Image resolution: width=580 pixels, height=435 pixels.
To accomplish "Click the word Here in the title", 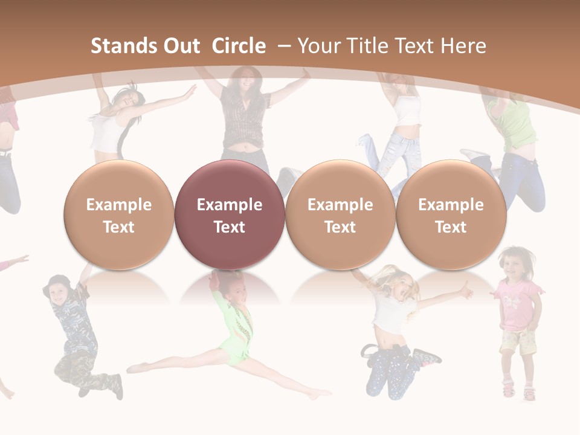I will [x=464, y=46].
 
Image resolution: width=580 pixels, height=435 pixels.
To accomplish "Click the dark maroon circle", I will [x=229, y=215].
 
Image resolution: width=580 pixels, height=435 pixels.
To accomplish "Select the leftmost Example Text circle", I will [x=118, y=215].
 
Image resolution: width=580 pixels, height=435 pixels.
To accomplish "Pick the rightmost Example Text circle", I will [x=451, y=215].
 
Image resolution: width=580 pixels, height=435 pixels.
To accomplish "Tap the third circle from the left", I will [x=340, y=215].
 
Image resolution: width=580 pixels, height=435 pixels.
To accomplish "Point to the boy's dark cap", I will [x=59, y=280].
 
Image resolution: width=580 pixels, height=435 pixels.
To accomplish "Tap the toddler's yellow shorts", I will [x=519, y=342].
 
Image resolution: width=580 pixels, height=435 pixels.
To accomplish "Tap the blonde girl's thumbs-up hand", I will [x=465, y=291].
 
